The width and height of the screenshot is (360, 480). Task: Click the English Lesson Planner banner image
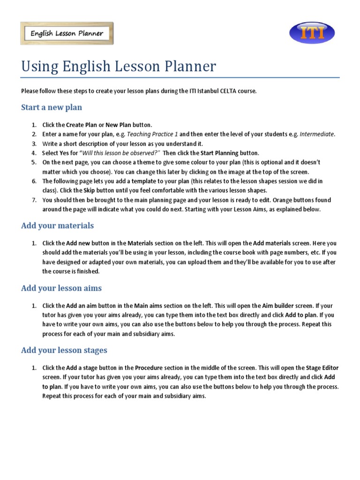(67, 33)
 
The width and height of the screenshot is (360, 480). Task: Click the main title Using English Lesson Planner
(119, 67)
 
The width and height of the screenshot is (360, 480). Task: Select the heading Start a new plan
(52, 107)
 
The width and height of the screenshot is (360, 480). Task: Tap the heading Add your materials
(57, 225)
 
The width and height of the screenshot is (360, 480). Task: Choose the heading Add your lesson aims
(61, 288)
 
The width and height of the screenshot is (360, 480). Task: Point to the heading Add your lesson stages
(64, 350)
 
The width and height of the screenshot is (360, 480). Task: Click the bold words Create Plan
(82, 125)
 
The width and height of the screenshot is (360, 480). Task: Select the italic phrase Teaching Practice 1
(153, 135)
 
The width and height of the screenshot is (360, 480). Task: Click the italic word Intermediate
(317, 135)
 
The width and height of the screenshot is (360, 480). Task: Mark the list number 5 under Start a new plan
(34, 163)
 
